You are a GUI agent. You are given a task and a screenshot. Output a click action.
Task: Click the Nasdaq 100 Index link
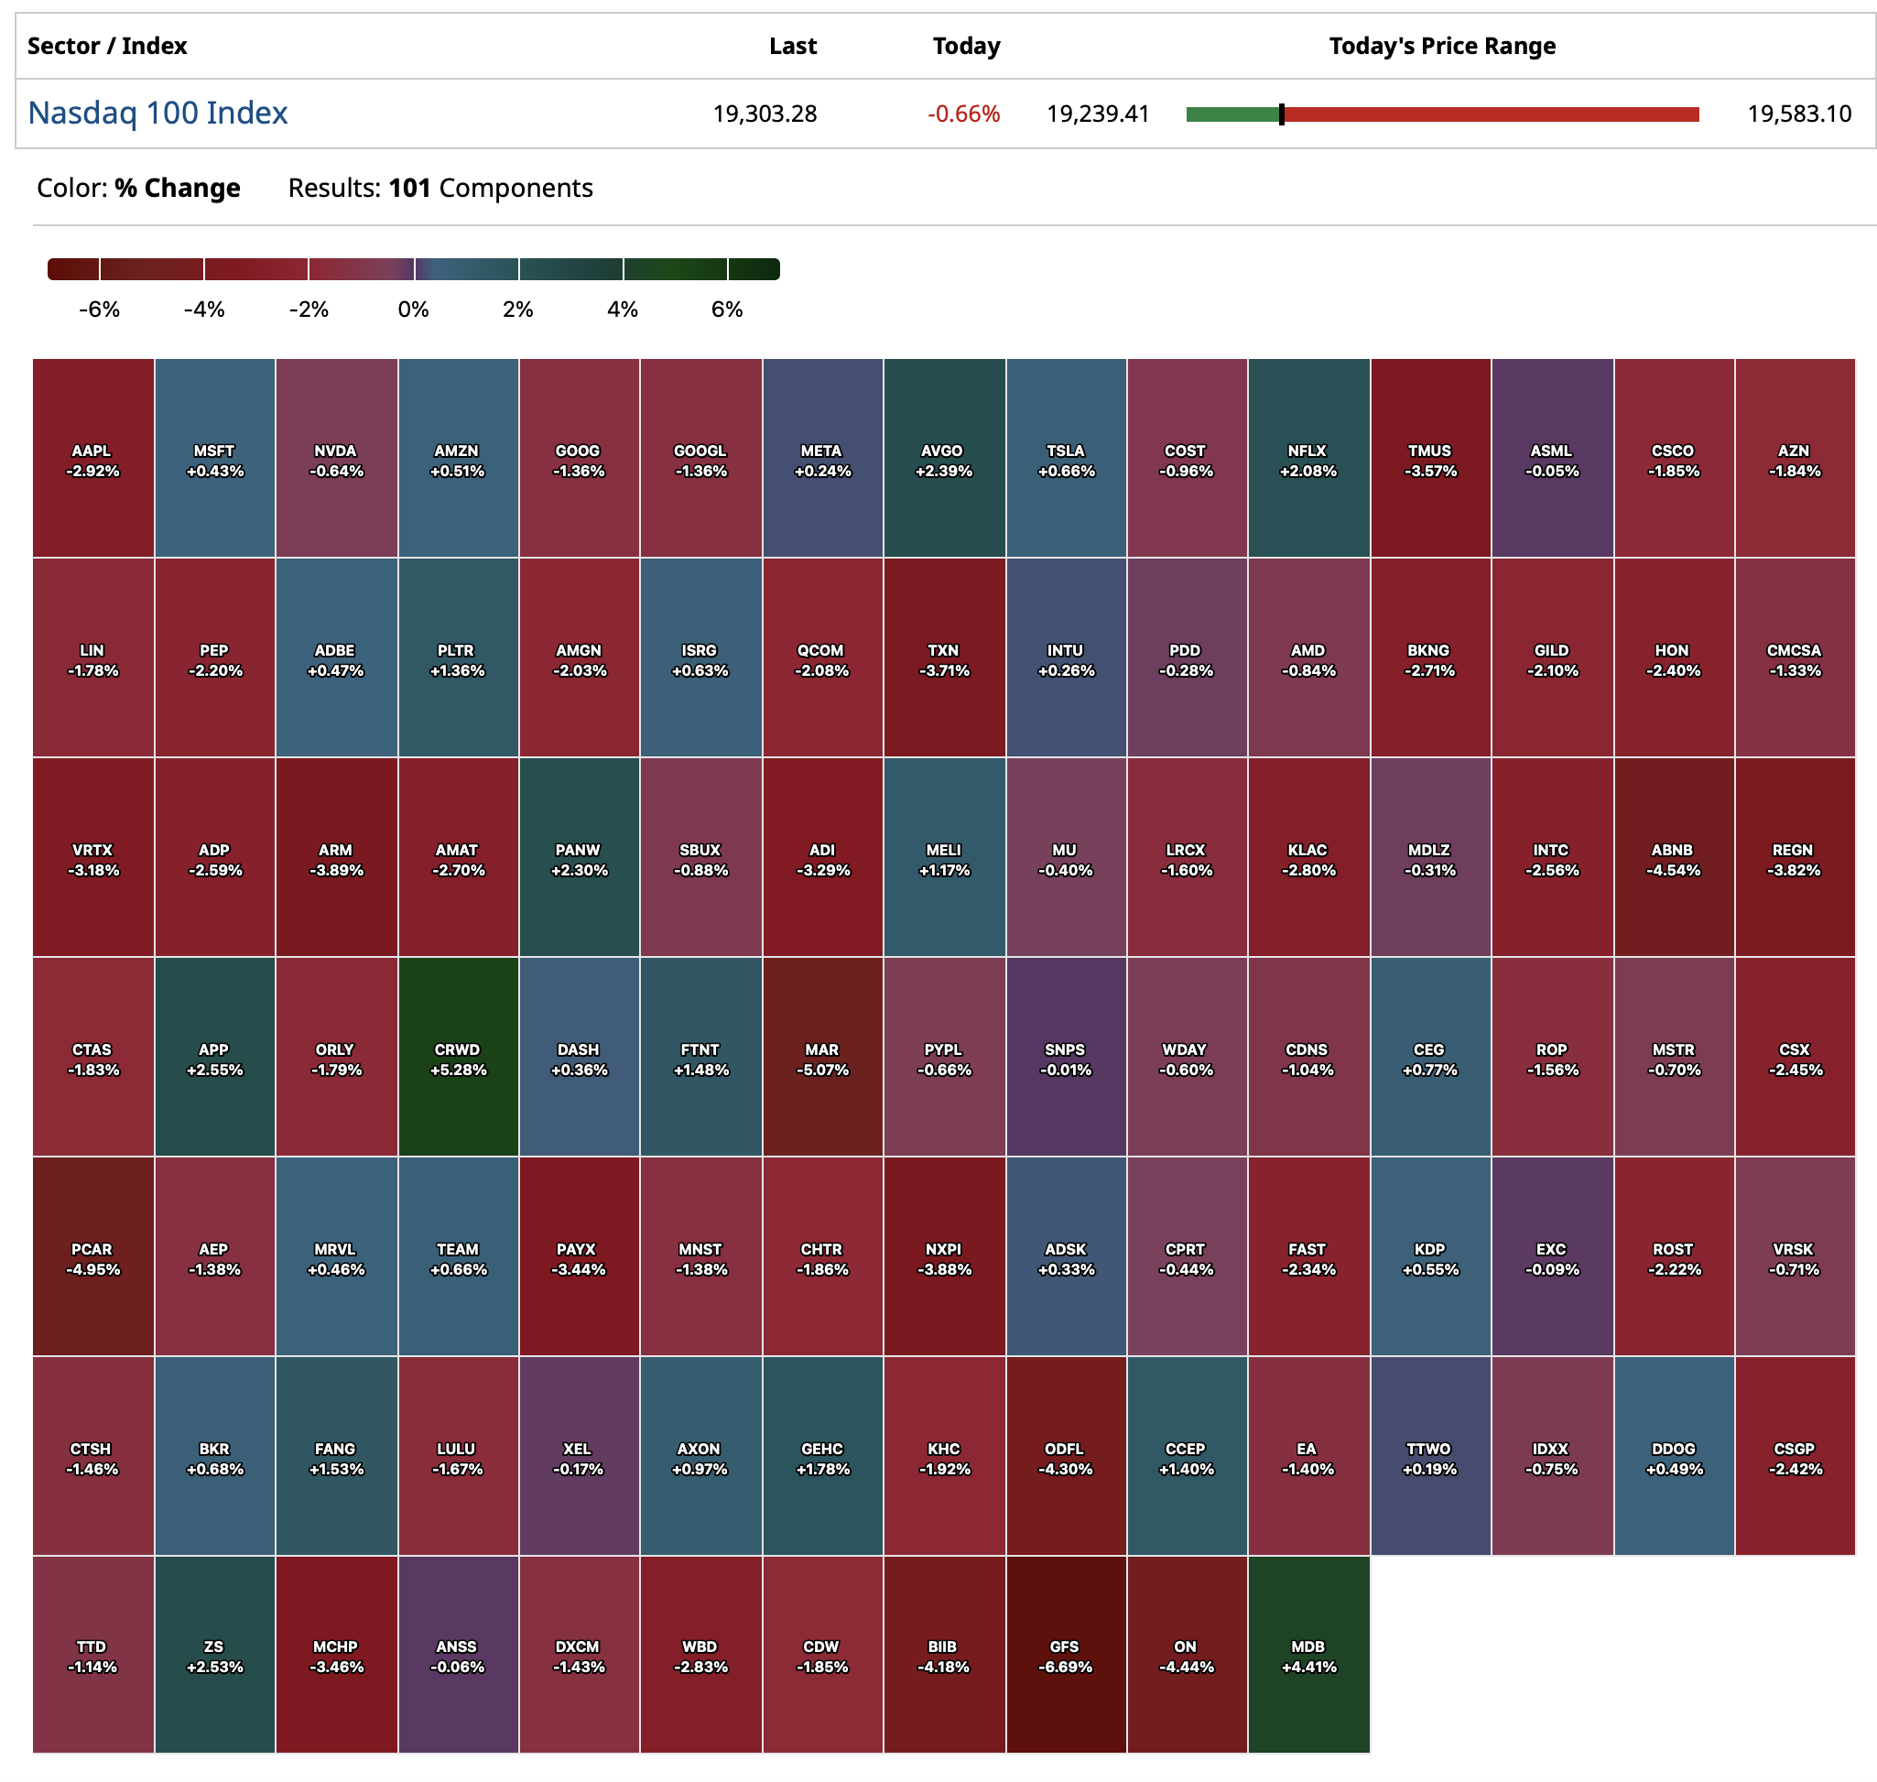pyautogui.click(x=157, y=113)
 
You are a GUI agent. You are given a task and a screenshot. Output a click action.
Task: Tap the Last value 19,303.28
pyautogui.click(x=765, y=114)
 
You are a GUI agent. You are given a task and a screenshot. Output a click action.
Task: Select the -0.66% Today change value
pyautogui.click(x=963, y=114)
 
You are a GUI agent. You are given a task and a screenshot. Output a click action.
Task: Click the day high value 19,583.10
pyautogui.click(x=1799, y=114)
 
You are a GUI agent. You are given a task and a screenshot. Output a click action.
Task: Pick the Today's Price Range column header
pyautogui.click(x=1441, y=46)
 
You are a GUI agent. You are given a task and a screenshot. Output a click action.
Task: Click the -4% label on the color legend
pyautogui.click(x=204, y=310)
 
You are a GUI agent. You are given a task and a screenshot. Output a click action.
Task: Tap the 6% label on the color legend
pyautogui.click(x=727, y=310)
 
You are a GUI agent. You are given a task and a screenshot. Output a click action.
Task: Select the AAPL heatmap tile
pyautogui.click(x=93, y=458)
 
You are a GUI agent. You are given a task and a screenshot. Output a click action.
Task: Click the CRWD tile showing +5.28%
pyautogui.click(x=458, y=1056)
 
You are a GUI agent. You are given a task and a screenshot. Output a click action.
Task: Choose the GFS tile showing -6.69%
pyautogui.click(x=1066, y=1655)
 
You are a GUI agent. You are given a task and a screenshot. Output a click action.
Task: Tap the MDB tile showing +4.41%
pyautogui.click(x=1308, y=1655)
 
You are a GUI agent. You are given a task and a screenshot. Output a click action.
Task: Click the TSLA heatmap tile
pyautogui.click(x=1066, y=458)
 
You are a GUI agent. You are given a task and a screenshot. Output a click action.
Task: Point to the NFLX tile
pyautogui.click(x=1308, y=458)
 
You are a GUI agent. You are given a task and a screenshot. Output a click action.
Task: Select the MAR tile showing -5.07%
pyautogui.click(x=822, y=1056)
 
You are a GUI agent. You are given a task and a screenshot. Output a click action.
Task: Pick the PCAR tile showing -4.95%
pyautogui.click(x=93, y=1255)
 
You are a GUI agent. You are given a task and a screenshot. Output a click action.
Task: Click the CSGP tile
pyautogui.click(x=1795, y=1455)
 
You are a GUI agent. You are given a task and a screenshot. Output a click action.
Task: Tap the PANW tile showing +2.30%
pyautogui.click(x=580, y=857)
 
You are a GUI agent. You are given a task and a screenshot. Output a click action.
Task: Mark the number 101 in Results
pyautogui.click(x=409, y=188)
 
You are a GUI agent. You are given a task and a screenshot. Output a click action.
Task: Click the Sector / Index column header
pyautogui.click(x=107, y=46)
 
